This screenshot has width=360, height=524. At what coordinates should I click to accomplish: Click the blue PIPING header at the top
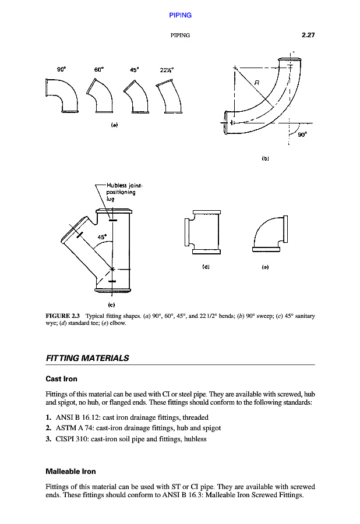tap(180, 15)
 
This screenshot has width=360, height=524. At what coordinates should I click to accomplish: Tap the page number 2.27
tap(308, 35)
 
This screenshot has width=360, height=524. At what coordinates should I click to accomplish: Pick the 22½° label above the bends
tap(168, 70)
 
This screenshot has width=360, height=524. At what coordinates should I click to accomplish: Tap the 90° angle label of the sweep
tap(302, 133)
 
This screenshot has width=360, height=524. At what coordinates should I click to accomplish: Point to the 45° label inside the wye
tap(102, 238)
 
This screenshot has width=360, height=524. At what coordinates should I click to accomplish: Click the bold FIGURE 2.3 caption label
tap(62, 316)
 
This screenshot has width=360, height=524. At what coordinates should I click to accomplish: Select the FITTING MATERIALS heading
tap(87, 358)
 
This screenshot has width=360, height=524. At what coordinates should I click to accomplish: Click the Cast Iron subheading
tap(61, 379)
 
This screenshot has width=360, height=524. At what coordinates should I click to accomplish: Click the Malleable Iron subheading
tap(70, 471)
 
